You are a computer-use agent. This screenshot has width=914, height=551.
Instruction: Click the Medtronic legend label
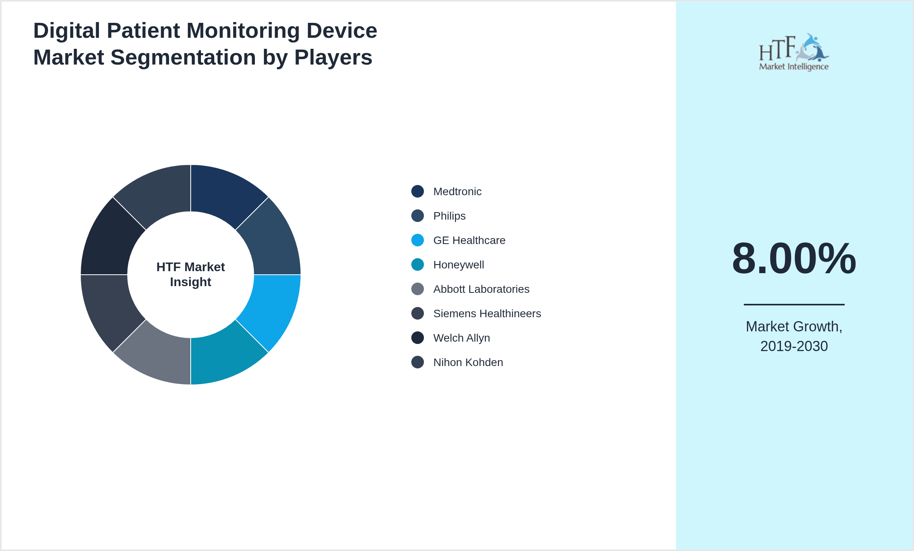(457, 192)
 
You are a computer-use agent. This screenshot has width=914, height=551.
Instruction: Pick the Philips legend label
(449, 216)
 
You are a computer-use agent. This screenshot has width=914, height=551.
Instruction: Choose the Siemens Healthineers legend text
(487, 314)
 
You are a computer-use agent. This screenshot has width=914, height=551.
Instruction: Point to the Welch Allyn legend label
(461, 338)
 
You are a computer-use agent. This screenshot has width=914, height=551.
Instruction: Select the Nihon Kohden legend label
(468, 362)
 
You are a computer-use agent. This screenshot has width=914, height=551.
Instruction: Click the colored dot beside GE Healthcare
(418, 240)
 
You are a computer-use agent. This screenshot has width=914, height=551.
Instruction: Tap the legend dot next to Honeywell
(418, 264)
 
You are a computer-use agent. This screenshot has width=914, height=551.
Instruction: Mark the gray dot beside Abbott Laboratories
(418, 289)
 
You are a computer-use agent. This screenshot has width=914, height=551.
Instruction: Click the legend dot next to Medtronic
(418, 191)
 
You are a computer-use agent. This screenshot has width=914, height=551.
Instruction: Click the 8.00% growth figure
(794, 259)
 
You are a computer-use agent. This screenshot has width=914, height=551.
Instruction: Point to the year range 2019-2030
(794, 346)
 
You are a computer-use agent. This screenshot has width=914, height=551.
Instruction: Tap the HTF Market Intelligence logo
(794, 52)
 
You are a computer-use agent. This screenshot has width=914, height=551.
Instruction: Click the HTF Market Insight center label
(191, 274)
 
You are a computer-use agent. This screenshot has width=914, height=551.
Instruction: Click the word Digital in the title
(67, 31)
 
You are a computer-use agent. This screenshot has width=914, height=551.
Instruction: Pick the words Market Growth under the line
(794, 327)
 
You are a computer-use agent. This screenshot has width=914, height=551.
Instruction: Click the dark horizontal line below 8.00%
(794, 304)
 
